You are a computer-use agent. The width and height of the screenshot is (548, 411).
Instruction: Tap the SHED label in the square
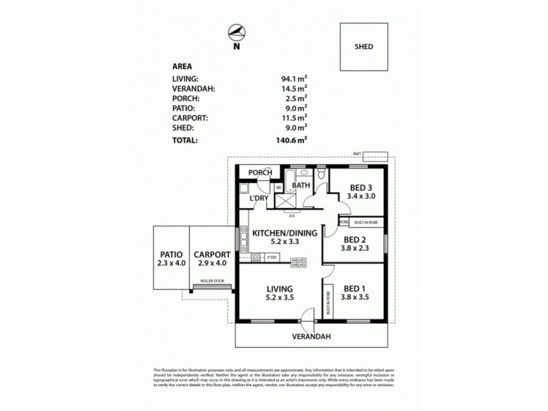[363, 47]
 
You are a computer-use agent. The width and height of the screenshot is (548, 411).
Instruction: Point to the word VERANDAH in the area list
[195, 88]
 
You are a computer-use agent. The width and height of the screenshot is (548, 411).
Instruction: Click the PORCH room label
[260, 173]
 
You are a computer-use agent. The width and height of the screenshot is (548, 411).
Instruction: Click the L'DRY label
[259, 199]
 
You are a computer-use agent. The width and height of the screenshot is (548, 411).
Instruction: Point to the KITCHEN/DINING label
[284, 233]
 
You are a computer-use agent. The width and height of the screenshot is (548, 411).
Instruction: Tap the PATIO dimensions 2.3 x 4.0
[171, 263]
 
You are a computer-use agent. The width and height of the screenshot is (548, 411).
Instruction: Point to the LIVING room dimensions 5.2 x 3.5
[280, 298]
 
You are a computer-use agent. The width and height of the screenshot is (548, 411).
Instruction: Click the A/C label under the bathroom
[291, 216]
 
